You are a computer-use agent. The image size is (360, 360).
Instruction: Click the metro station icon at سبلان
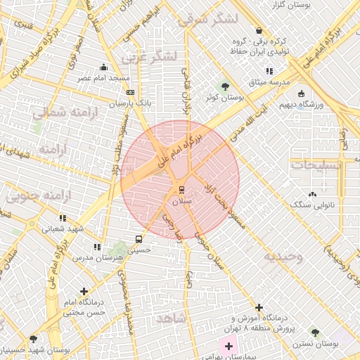pos(182,189)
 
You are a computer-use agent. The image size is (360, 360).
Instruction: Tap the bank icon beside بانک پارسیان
pos(130,92)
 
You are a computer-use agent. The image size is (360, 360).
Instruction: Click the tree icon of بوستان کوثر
pos(224,86)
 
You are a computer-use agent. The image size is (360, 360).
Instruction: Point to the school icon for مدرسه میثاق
pos(269,71)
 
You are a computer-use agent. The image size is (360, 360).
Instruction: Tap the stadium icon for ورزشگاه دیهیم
pos(302,94)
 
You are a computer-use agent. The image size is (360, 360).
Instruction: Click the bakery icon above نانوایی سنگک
pos(313,193)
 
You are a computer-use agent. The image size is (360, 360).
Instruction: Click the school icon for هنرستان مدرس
pos(97,247)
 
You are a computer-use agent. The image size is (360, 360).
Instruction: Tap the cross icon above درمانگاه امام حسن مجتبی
pos(84,291)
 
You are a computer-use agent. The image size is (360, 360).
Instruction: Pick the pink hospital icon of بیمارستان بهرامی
pos(229,346)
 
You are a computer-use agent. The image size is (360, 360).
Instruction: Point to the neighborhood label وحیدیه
pos(283,257)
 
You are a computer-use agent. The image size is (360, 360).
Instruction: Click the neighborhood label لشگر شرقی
pos(208,19)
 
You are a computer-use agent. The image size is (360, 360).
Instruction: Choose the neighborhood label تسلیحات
pos(316,165)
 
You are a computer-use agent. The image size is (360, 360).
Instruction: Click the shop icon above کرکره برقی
pos(259,31)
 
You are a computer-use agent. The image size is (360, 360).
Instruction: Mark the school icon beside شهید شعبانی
pos(63,218)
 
